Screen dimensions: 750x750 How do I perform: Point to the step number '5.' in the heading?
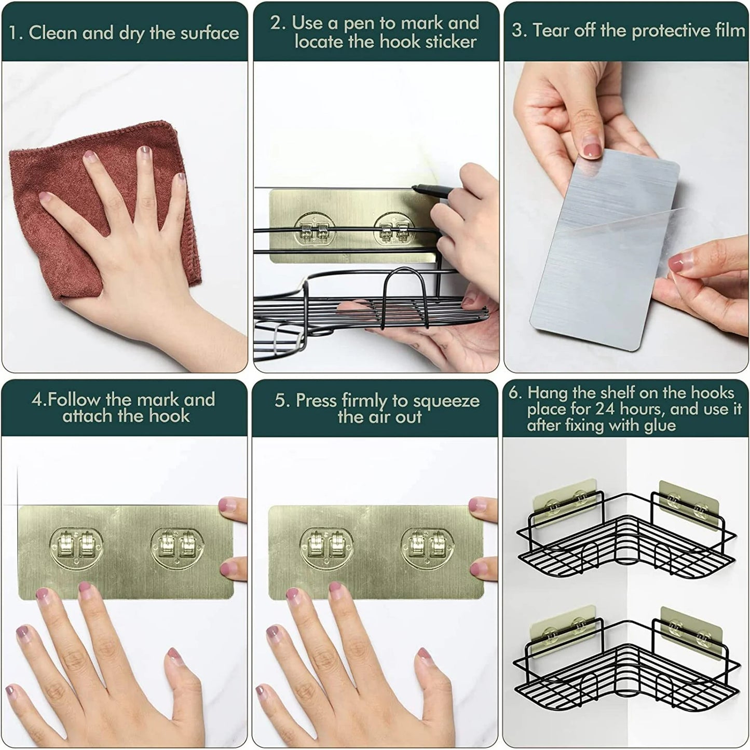coord(281,401)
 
